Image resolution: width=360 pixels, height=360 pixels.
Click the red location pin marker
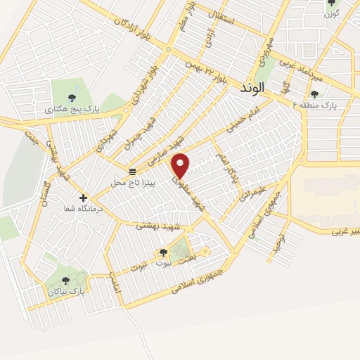[x=181, y=165]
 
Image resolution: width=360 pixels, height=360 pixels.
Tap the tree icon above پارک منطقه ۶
[x=314, y=93]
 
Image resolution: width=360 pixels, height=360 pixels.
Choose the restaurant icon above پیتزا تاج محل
[x=131, y=172]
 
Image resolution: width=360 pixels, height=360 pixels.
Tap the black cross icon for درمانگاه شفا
[x=84, y=198]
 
